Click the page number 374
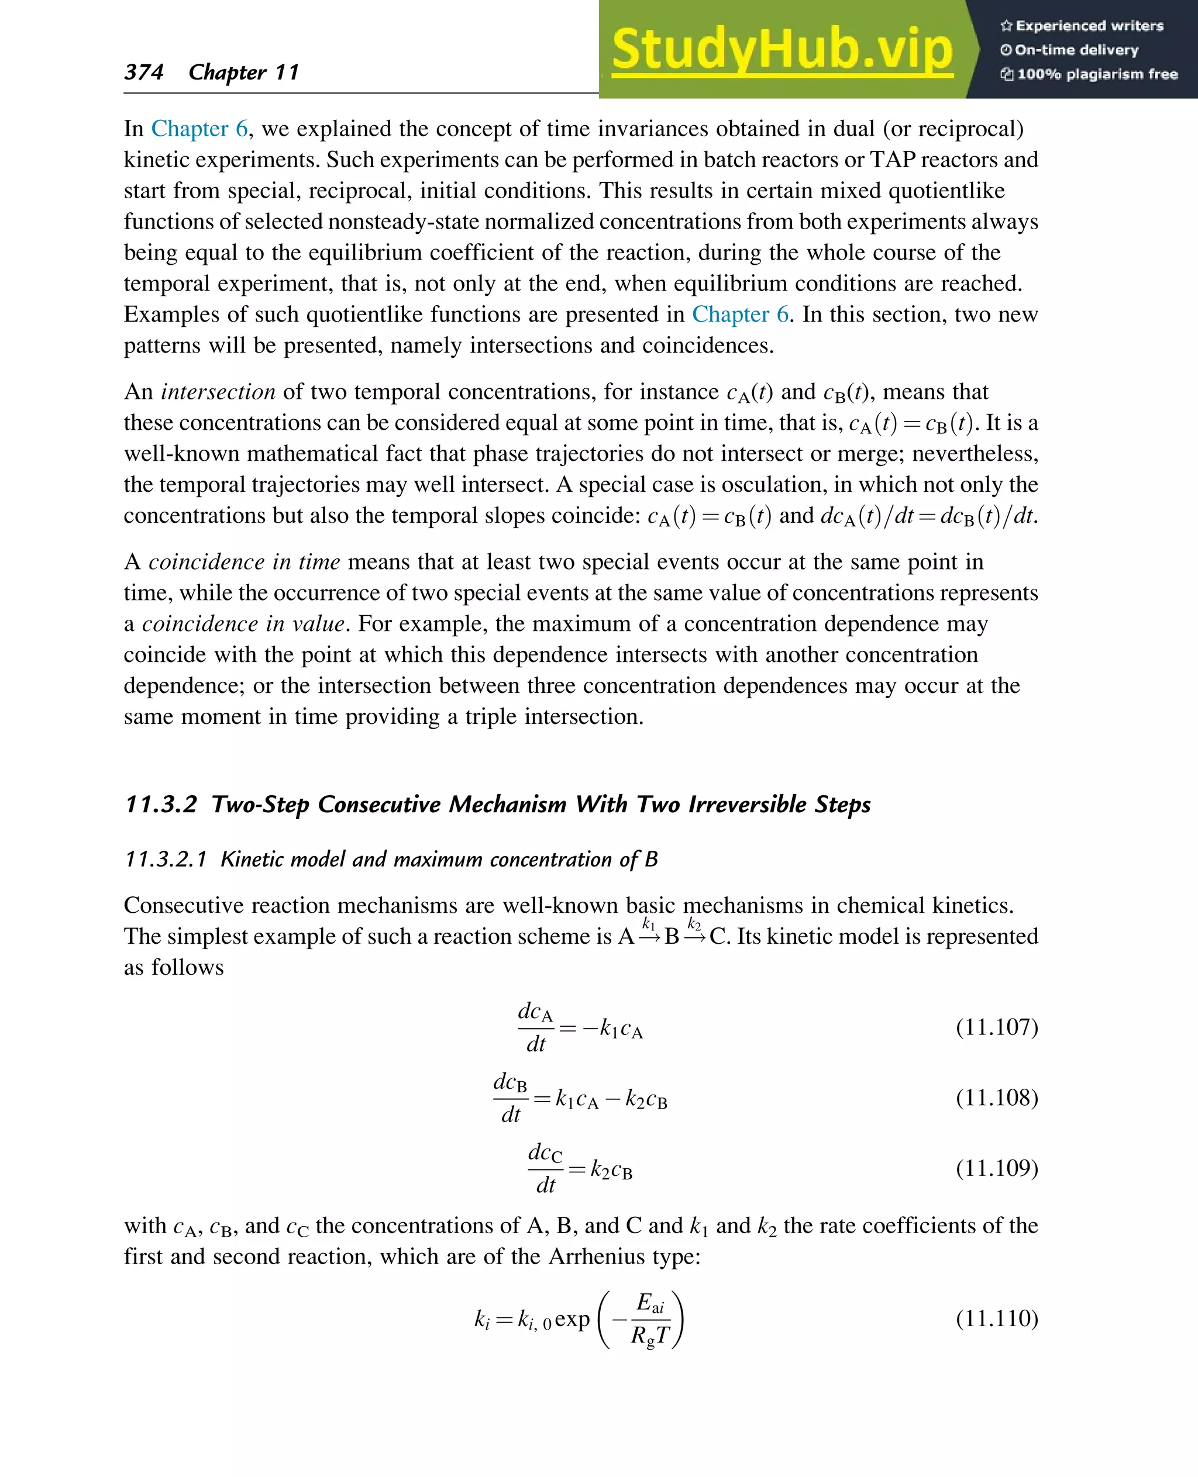143,72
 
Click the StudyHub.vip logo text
782,50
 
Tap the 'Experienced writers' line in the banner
1082,26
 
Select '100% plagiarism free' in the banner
1089,74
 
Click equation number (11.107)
997,1027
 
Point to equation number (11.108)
997,1098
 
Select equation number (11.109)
997,1168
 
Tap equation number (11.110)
997,1319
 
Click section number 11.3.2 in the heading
161,805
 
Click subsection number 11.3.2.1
166,860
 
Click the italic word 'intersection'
218,392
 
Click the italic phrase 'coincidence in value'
243,624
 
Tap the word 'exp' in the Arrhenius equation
572,1319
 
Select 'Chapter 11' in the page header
243,72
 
